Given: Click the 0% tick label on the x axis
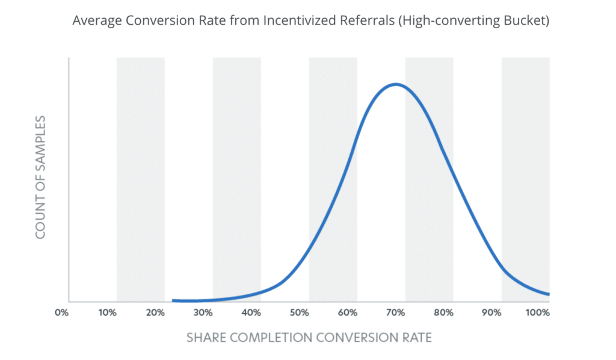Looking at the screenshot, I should point(61,313).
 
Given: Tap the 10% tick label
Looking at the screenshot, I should point(107,313).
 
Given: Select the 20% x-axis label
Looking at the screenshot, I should point(155,313).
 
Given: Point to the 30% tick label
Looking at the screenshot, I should point(203,313).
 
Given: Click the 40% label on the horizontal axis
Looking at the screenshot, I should point(251,313).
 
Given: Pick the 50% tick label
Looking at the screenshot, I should point(300,313).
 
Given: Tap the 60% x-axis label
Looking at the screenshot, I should point(348,313).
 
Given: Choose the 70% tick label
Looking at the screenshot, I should point(395,313).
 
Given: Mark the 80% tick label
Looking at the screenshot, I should point(443,313).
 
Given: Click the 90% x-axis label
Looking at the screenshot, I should point(491,313).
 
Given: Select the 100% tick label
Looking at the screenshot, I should point(538,313).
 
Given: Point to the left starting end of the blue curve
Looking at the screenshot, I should point(173,300).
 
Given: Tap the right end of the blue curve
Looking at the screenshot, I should point(548,294).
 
